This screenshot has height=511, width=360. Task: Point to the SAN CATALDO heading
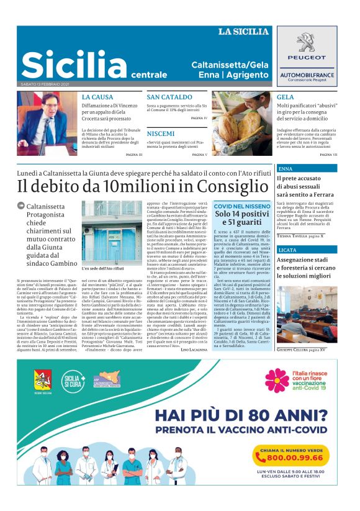pyautogui.click(x=169, y=97)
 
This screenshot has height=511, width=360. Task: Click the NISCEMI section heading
pyautogui.click(x=161, y=133)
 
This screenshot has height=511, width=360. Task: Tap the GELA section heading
pyautogui.click(x=286, y=97)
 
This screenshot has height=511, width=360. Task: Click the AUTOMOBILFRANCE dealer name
pyautogui.click(x=311, y=74)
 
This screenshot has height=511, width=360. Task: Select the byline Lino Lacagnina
pyautogui.click(x=194, y=350)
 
